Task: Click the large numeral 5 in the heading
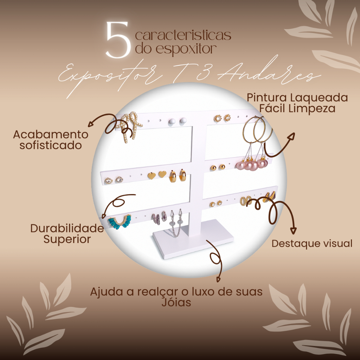pyautogui.click(x=118, y=39)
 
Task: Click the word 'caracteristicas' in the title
pyautogui.click(x=183, y=35)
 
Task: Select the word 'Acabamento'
pyautogui.click(x=51, y=135)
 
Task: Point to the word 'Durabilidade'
pyautogui.click(x=67, y=229)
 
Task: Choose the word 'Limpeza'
pyautogui.click(x=311, y=108)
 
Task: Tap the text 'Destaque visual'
pyautogui.click(x=312, y=244)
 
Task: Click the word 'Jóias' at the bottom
pyautogui.click(x=176, y=302)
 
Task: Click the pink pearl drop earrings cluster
pyautogui.click(x=252, y=164)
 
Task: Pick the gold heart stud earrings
pyautogui.click(x=157, y=175)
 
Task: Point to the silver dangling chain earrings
pyautogui.click(x=176, y=222)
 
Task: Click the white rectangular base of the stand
pyautogui.click(x=193, y=239)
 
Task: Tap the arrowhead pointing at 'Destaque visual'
pyautogui.click(x=294, y=230)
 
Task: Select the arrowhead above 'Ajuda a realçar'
pyautogui.click(x=218, y=279)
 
